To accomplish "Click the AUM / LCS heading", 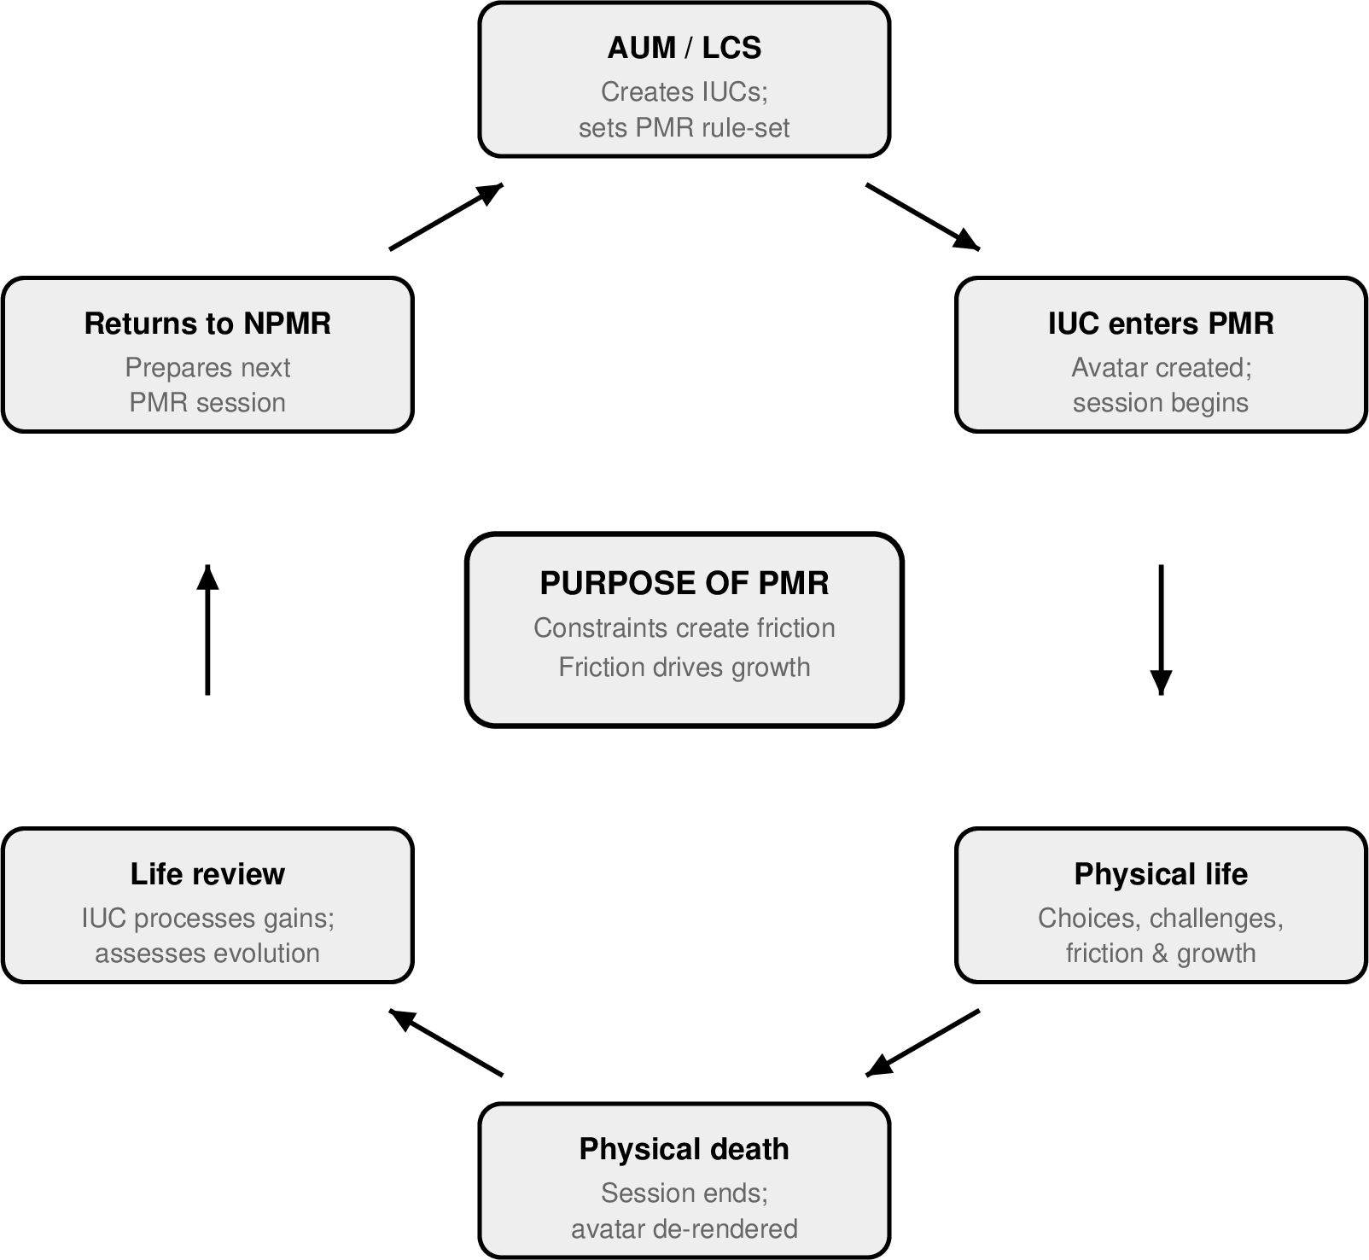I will [684, 48].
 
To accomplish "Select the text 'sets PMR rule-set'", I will [684, 128].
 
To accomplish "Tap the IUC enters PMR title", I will [1160, 324].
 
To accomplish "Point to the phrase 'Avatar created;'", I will [1161, 368].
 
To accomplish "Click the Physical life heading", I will [1160, 874].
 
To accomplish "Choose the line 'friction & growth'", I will [1160, 954].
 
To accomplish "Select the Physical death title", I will [684, 1149].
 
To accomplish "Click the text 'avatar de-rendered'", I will [684, 1229].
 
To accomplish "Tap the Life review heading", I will [207, 874].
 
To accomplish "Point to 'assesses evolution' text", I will [207, 954].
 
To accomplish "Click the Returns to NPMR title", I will [207, 324].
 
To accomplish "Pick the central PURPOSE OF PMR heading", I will [684, 583].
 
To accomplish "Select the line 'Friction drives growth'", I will [684, 667].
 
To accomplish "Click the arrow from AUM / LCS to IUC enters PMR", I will [923, 216].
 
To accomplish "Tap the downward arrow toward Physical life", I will [1160, 629].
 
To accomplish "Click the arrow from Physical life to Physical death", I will [923, 1043].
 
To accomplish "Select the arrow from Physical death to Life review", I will [446, 1043].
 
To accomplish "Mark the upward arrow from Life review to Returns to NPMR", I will [207, 629].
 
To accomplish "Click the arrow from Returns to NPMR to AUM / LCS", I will [446, 216].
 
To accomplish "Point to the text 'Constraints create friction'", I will [684, 628].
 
